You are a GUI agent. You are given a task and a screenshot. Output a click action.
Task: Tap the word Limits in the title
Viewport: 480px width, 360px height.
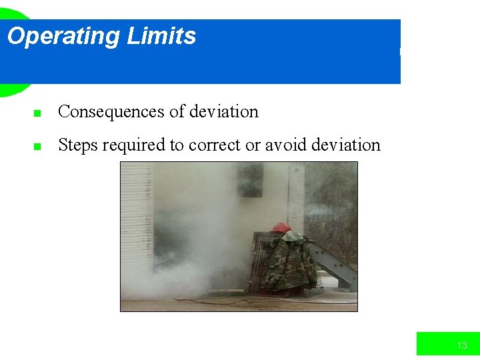tap(162, 36)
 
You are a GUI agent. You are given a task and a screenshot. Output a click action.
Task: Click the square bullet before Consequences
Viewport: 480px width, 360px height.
tap(38, 113)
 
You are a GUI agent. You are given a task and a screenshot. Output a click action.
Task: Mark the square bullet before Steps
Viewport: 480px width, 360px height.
tap(38, 147)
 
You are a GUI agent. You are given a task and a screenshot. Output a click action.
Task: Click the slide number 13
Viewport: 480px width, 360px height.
tap(462, 345)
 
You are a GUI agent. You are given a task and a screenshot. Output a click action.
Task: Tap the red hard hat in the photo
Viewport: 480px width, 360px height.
tap(282, 227)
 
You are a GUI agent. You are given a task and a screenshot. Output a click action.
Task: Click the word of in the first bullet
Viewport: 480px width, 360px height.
tap(177, 112)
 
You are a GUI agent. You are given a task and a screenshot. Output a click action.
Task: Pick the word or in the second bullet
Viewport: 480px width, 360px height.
tap(253, 146)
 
